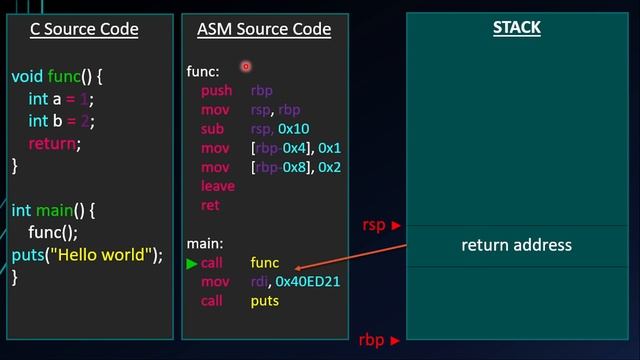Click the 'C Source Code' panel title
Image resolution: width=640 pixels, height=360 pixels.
click(x=86, y=29)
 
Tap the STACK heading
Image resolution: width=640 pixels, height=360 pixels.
click(x=516, y=27)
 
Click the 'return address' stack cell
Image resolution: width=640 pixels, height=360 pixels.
click(x=516, y=245)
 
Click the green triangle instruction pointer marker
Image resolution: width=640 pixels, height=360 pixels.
click(x=192, y=264)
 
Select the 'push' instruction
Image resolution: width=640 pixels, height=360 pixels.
click(x=217, y=90)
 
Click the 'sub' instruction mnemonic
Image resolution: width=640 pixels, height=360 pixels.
click(x=213, y=129)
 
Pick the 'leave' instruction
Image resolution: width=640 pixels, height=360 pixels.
click(x=218, y=186)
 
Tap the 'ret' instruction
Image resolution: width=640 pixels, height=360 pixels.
click(x=210, y=205)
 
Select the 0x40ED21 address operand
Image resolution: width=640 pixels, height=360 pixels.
click(x=308, y=282)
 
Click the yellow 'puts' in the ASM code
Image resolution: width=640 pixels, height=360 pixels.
click(x=265, y=301)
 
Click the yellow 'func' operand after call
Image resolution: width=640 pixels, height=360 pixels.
click(x=266, y=263)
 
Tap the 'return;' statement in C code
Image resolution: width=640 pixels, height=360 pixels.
click(x=55, y=144)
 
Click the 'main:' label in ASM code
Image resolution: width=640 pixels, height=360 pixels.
click(x=205, y=243)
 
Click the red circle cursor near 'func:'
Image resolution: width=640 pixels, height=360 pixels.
click(x=245, y=66)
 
